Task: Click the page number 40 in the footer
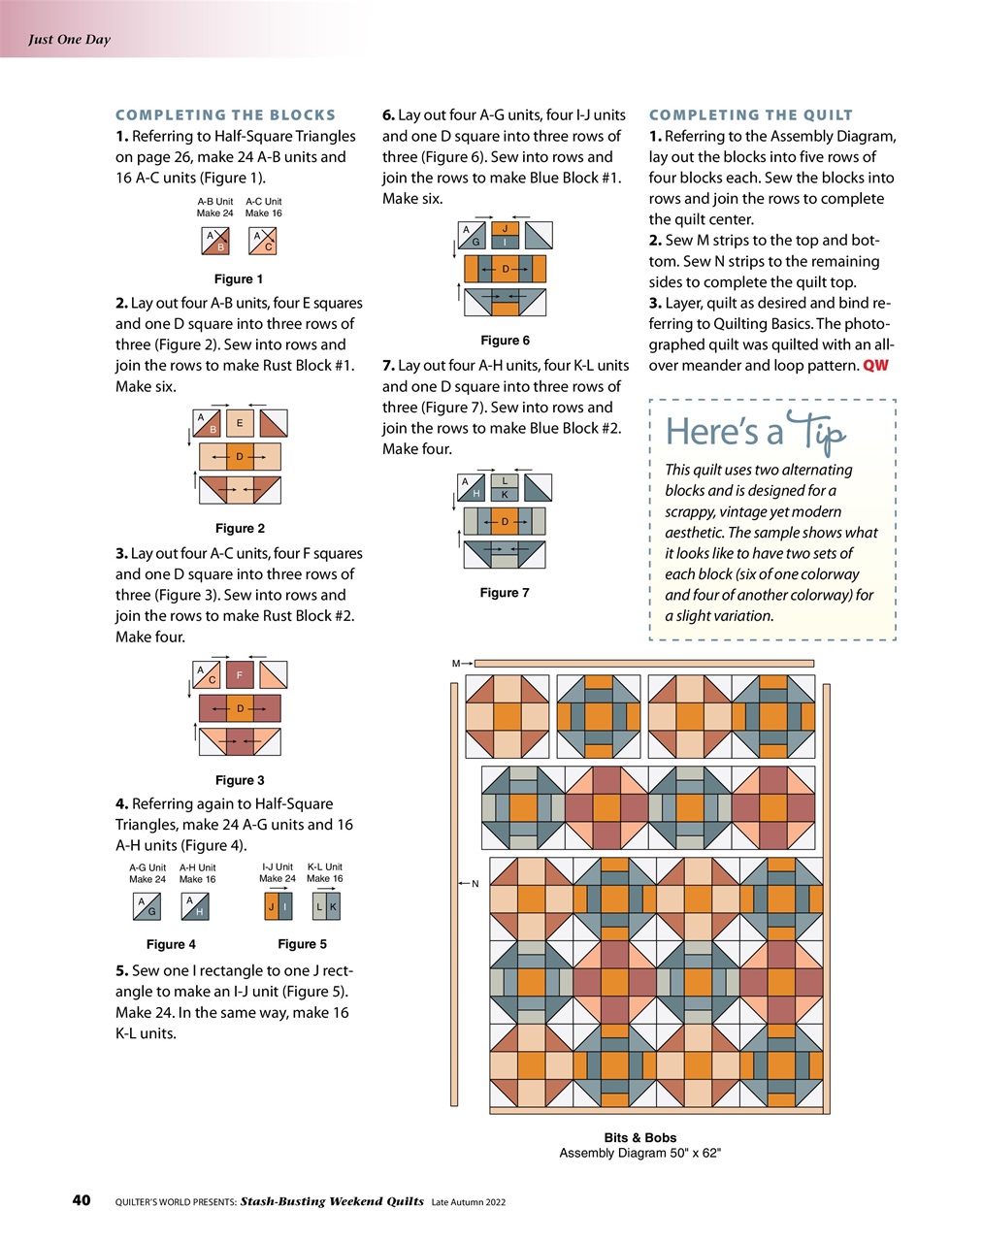click(x=82, y=1200)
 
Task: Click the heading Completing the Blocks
click(x=225, y=114)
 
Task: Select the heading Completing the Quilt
click(x=750, y=114)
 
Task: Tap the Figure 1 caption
click(x=239, y=279)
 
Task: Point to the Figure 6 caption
click(x=505, y=341)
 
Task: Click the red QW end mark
click(x=875, y=366)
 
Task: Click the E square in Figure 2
click(x=240, y=423)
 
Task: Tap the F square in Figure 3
click(x=240, y=674)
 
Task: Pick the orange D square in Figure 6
click(x=505, y=269)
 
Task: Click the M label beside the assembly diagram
click(x=456, y=664)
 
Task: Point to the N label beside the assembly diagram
click(x=475, y=884)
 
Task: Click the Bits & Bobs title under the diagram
click(x=639, y=1137)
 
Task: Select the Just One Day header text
click(x=69, y=40)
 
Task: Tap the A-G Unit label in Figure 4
click(x=147, y=867)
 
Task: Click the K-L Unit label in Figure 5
click(x=324, y=866)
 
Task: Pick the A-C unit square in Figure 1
click(x=263, y=241)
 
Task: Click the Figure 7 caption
click(x=505, y=593)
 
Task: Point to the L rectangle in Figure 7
click(x=505, y=481)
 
